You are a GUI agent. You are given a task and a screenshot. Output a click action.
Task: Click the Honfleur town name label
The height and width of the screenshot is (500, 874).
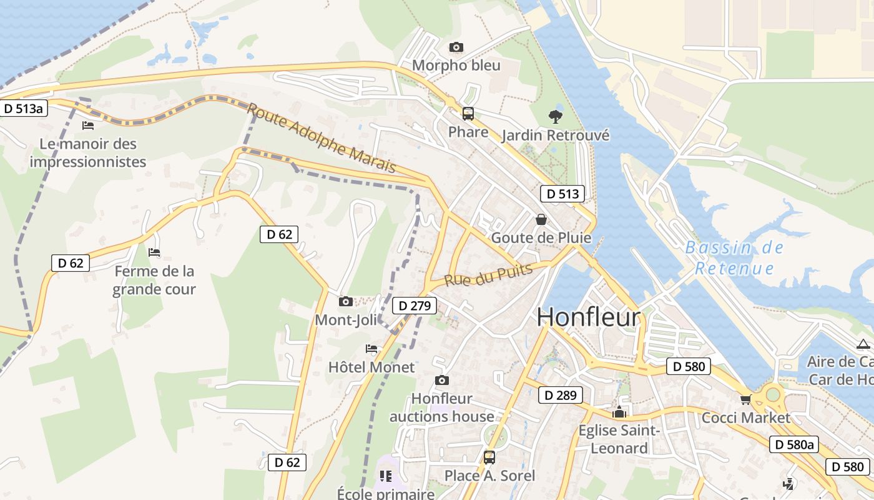588,317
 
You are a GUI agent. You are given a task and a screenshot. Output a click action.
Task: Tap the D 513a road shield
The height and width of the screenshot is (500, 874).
24,108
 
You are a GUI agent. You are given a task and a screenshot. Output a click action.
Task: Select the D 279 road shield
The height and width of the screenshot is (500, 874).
415,306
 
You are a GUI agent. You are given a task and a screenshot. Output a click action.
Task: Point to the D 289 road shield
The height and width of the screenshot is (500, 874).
561,395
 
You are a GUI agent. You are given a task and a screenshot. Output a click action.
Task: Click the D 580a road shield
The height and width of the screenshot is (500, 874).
793,444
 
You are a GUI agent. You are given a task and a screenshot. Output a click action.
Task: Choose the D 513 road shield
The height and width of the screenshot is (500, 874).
562,194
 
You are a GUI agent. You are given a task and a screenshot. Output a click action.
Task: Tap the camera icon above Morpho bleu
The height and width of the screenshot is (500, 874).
456,47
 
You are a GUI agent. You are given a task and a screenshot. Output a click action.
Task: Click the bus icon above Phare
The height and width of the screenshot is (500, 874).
468,114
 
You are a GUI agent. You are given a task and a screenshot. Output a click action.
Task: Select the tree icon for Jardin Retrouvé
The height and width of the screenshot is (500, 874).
554,116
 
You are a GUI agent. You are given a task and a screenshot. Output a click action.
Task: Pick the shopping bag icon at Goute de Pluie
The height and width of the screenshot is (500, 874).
541,219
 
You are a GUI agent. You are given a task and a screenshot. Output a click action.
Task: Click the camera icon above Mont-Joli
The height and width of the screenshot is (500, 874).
345,302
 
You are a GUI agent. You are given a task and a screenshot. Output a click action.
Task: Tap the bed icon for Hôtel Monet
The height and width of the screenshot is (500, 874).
371,349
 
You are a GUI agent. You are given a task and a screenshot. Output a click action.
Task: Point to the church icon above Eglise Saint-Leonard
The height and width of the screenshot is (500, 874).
619,412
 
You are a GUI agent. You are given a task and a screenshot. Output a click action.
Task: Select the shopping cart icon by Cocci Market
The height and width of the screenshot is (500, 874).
745,399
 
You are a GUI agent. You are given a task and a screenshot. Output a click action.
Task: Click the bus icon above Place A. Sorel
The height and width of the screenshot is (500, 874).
489,457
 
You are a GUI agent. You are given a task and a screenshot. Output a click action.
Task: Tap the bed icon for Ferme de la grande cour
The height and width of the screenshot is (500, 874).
154,252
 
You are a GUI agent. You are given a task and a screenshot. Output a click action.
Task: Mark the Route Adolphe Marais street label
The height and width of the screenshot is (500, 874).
322,138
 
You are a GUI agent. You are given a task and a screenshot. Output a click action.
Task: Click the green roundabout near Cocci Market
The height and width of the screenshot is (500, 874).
773,394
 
